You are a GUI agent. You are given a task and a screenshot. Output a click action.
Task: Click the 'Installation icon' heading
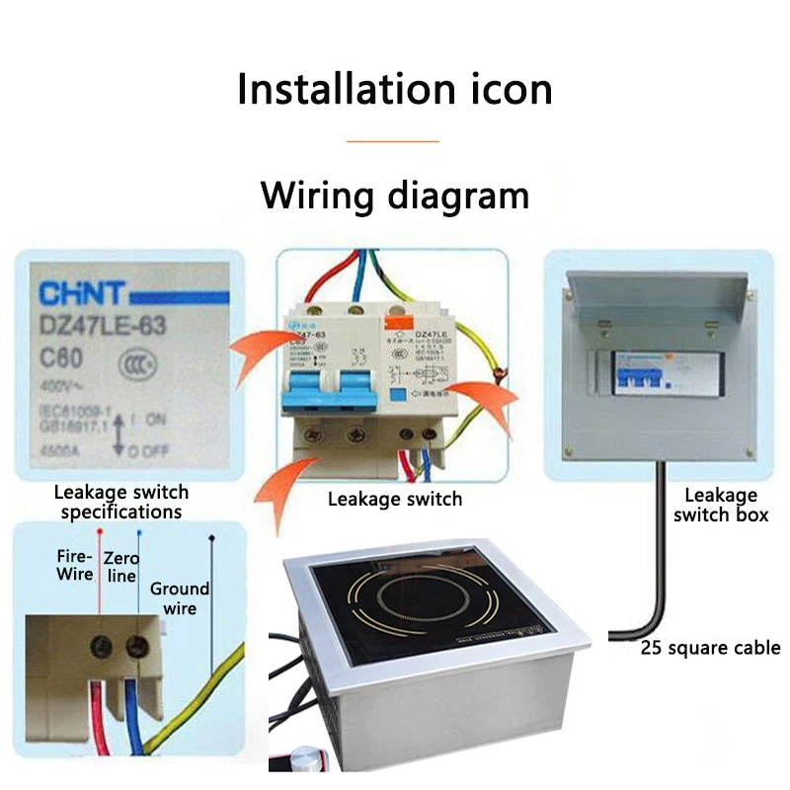pos(394,89)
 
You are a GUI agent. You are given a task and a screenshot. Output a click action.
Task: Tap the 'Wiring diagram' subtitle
pos(394,195)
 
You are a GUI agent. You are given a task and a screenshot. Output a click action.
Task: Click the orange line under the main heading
pos(393,141)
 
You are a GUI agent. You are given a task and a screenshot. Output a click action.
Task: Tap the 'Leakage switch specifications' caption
pos(121,502)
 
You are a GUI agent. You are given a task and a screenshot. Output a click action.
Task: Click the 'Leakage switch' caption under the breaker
pos(394,499)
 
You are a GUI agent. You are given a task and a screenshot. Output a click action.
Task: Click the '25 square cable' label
pos(710,649)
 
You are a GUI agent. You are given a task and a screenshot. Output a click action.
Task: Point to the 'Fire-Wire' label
pos(75,565)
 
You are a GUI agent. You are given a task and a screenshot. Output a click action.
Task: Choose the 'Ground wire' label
pos(180,598)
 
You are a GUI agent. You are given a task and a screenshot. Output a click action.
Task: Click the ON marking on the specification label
pos(154,418)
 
